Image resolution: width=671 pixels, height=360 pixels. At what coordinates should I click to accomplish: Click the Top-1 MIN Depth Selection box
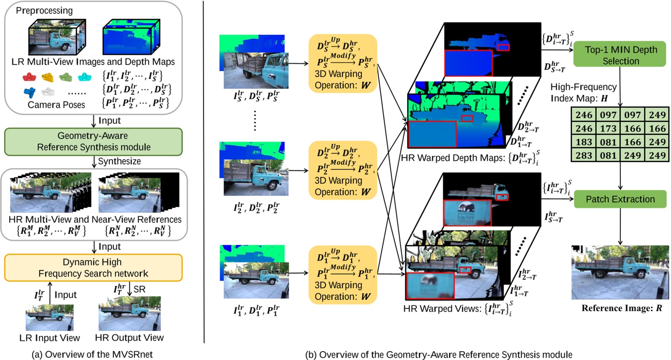(621, 55)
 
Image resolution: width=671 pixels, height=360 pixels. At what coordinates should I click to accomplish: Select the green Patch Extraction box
(620, 199)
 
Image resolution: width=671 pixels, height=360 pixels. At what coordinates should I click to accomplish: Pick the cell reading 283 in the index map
(584, 155)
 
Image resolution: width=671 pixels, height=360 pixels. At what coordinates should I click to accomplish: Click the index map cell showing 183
(584, 142)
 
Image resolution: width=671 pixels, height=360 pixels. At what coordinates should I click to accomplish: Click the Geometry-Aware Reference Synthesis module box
(93, 141)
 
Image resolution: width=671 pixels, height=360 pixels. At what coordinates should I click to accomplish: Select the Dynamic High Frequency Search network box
(93, 268)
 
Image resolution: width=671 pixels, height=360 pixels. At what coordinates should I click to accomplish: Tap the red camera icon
(28, 77)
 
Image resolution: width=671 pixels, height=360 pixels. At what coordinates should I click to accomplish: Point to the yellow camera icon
(47, 77)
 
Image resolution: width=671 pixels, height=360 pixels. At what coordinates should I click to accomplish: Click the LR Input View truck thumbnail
(50, 317)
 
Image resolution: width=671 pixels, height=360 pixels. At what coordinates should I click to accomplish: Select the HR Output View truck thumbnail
(129, 314)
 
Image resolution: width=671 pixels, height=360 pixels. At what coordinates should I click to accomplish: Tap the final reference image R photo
(620, 272)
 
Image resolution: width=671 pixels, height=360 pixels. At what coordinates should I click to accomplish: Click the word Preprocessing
(44, 10)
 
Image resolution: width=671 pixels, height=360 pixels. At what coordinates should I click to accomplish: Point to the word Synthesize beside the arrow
(119, 161)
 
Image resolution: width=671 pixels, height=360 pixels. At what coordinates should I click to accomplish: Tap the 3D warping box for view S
(343, 63)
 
